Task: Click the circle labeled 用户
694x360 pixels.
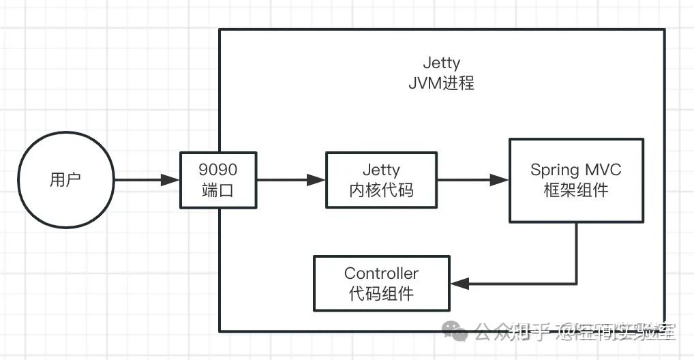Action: click(x=65, y=179)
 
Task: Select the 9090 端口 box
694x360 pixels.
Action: click(x=218, y=179)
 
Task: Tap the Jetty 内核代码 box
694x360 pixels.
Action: click(x=380, y=179)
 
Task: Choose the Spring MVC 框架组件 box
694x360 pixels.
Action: click(x=576, y=179)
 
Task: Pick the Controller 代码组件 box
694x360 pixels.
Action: click(x=381, y=283)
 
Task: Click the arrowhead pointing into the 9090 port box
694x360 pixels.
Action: click(x=170, y=180)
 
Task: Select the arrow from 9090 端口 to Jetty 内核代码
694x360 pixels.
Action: click(x=292, y=180)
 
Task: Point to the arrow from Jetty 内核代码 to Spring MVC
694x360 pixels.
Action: click(x=472, y=180)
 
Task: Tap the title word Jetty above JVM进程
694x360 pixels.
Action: click(x=441, y=64)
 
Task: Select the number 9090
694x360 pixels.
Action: click(x=218, y=169)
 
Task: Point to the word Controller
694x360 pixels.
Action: click(x=381, y=273)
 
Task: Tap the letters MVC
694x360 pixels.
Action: click(x=603, y=170)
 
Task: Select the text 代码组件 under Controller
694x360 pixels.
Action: click(x=381, y=294)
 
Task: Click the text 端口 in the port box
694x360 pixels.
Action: click(x=218, y=190)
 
